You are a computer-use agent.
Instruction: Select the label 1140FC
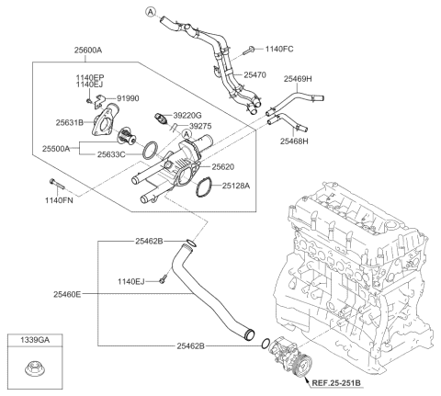(279, 47)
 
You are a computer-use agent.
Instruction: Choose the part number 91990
(130, 97)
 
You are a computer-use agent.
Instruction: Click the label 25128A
(232, 186)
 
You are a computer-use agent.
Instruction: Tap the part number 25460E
(66, 294)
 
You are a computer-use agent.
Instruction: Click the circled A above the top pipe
(151, 12)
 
